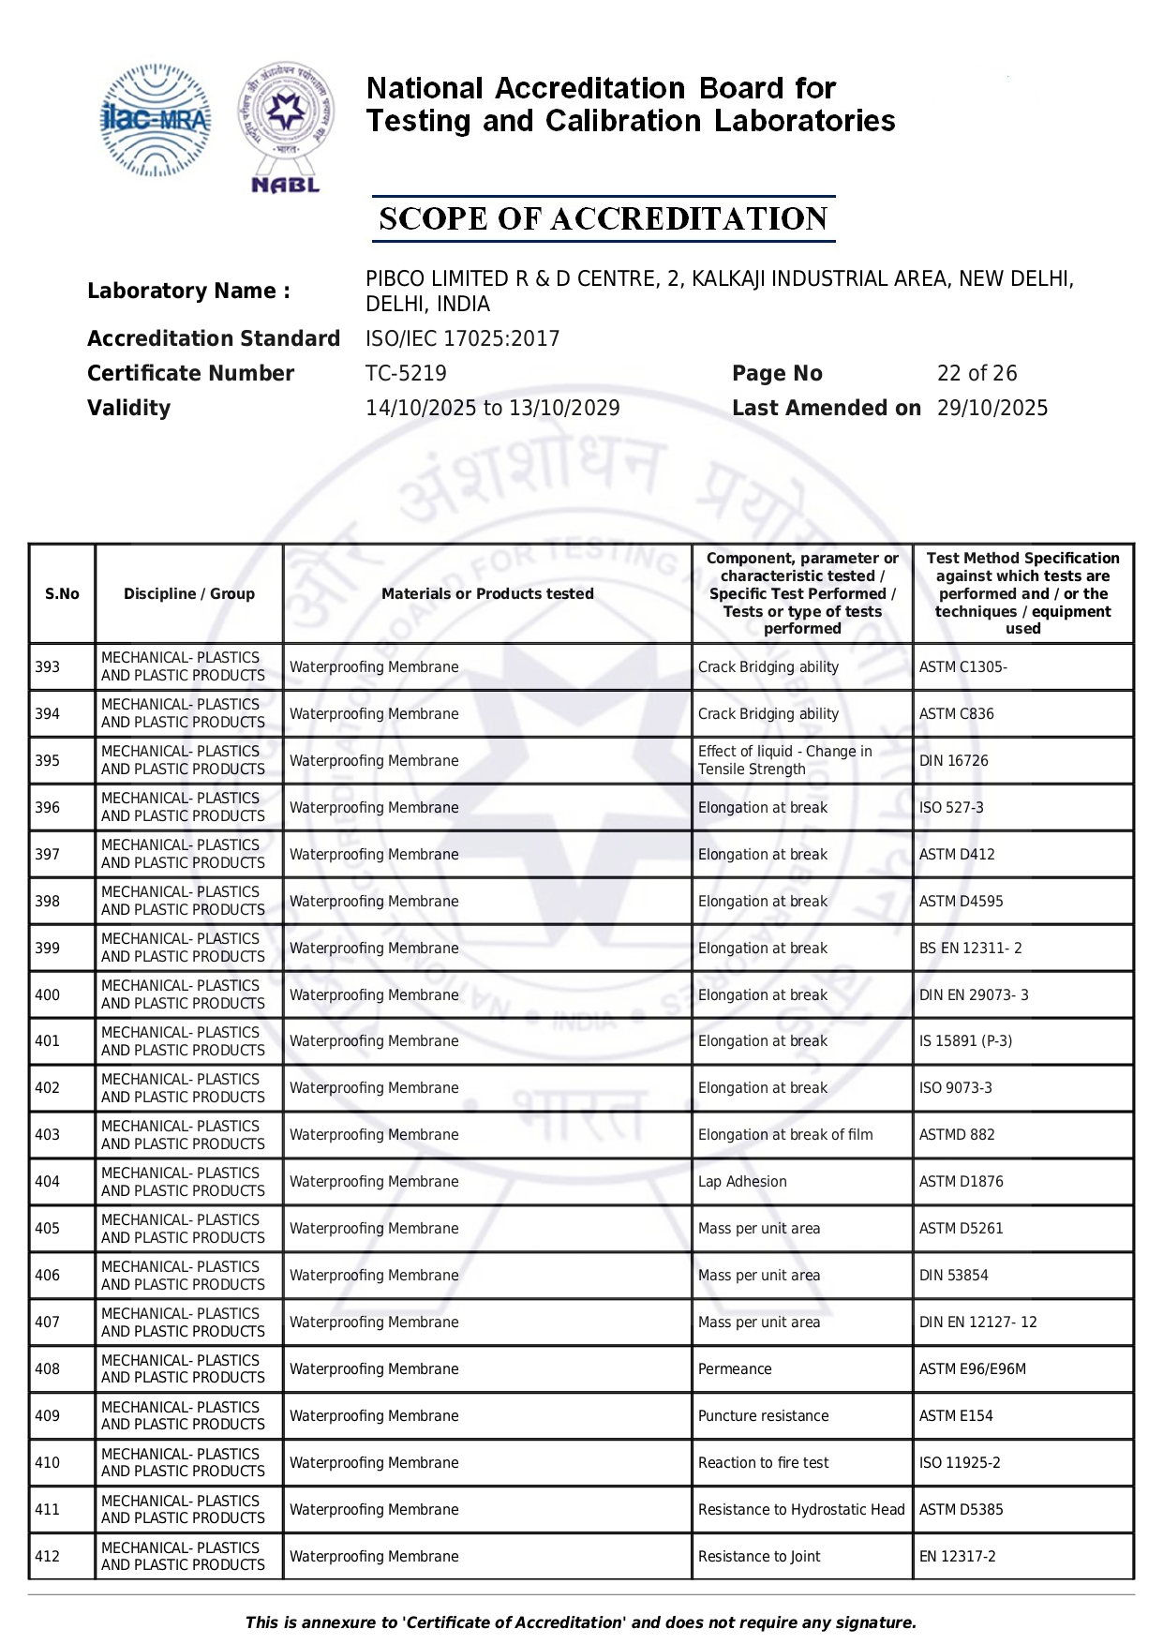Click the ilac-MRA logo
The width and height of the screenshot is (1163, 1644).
coord(156,120)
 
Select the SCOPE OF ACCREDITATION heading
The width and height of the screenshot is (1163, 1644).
coord(603,219)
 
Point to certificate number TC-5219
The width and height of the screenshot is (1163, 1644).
coord(406,373)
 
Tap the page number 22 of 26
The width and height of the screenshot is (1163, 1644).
coord(977,373)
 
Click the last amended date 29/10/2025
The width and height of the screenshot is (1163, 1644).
coord(992,408)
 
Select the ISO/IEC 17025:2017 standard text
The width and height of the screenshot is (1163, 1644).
coord(462,338)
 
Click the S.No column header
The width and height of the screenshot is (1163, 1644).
coord(62,593)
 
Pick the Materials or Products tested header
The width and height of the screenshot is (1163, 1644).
coord(487,593)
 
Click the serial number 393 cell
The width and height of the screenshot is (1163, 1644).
coord(48,667)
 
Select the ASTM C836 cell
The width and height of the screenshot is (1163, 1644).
coord(956,714)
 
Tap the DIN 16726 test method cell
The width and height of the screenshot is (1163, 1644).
coord(953,761)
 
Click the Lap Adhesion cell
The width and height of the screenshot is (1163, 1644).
coord(742,1182)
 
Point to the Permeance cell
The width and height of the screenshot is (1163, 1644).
coord(735,1369)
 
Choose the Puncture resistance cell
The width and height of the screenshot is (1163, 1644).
coord(763,1416)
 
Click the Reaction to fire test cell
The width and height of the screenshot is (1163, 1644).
coord(763,1463)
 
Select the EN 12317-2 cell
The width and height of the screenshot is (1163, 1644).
coord(957,1557)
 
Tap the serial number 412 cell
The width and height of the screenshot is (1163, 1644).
coord(48,1557)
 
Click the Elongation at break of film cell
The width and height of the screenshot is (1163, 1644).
coord(784,1135)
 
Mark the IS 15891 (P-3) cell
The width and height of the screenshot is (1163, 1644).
coord(965,1041)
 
